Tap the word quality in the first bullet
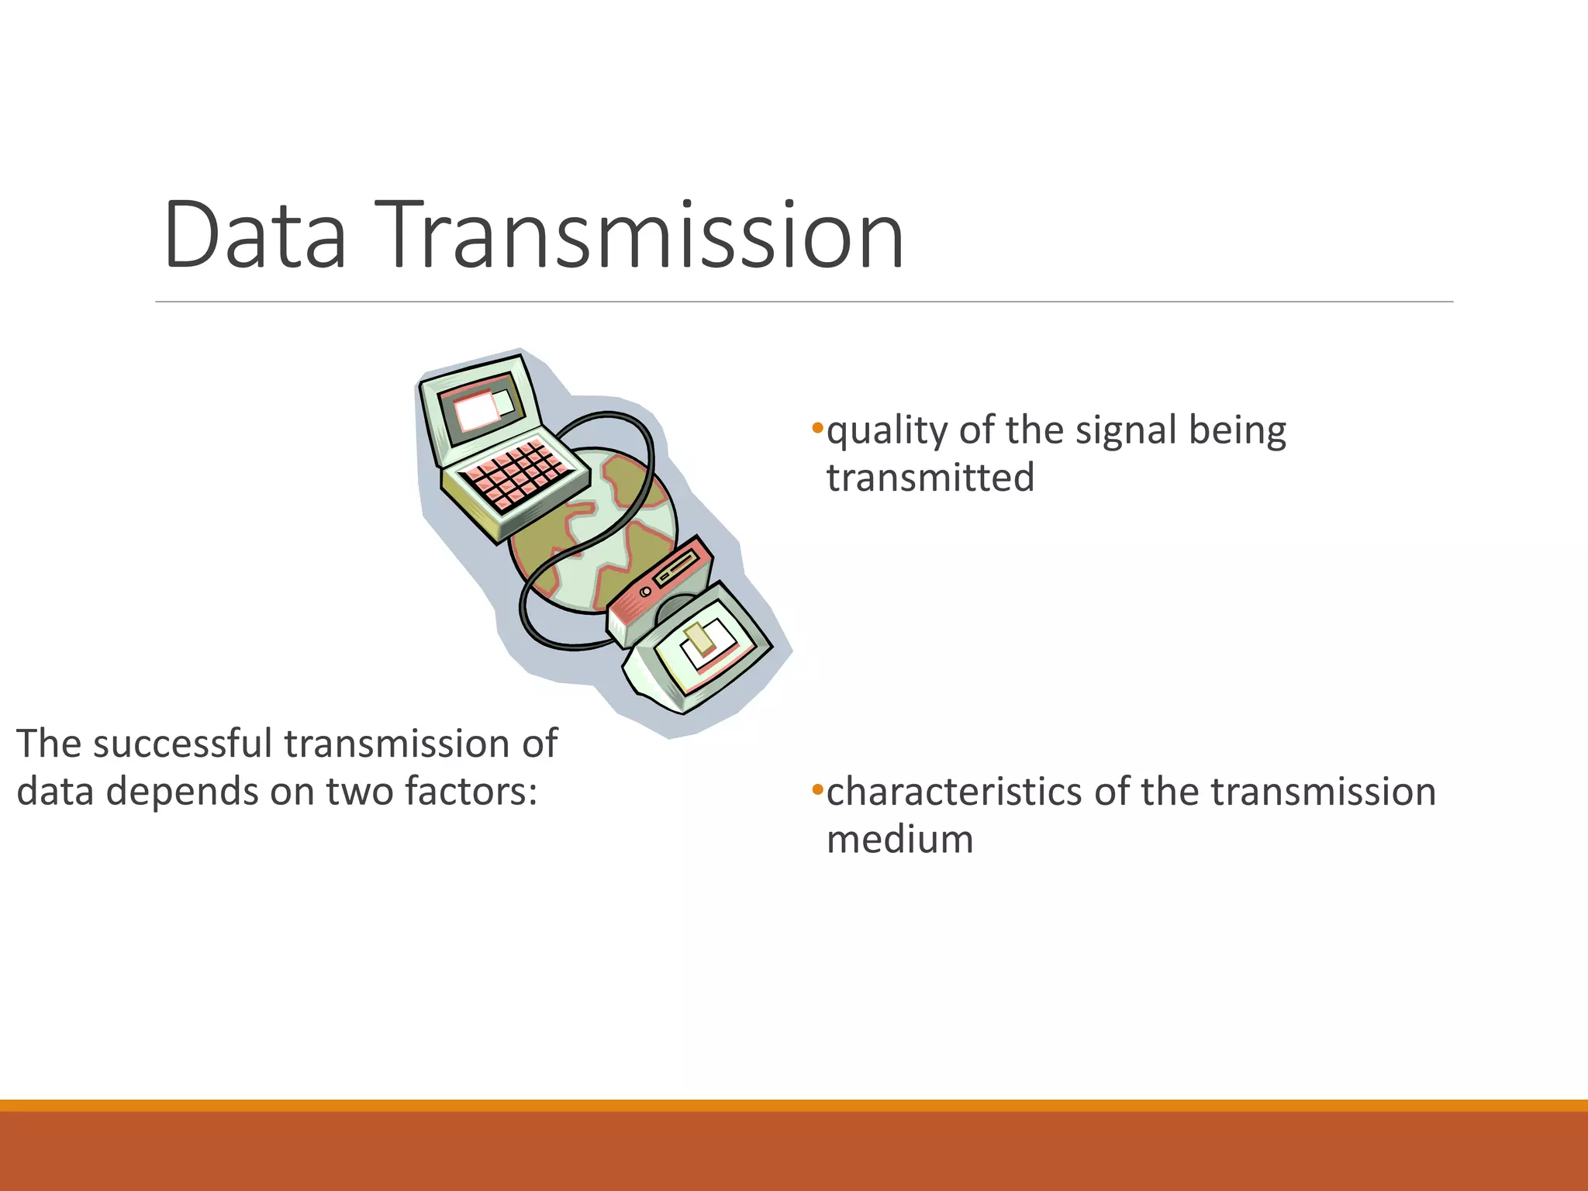886,430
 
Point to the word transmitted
930,478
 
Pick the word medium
899,840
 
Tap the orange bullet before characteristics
816,789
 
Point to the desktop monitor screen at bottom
709,647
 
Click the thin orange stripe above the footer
794,1105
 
